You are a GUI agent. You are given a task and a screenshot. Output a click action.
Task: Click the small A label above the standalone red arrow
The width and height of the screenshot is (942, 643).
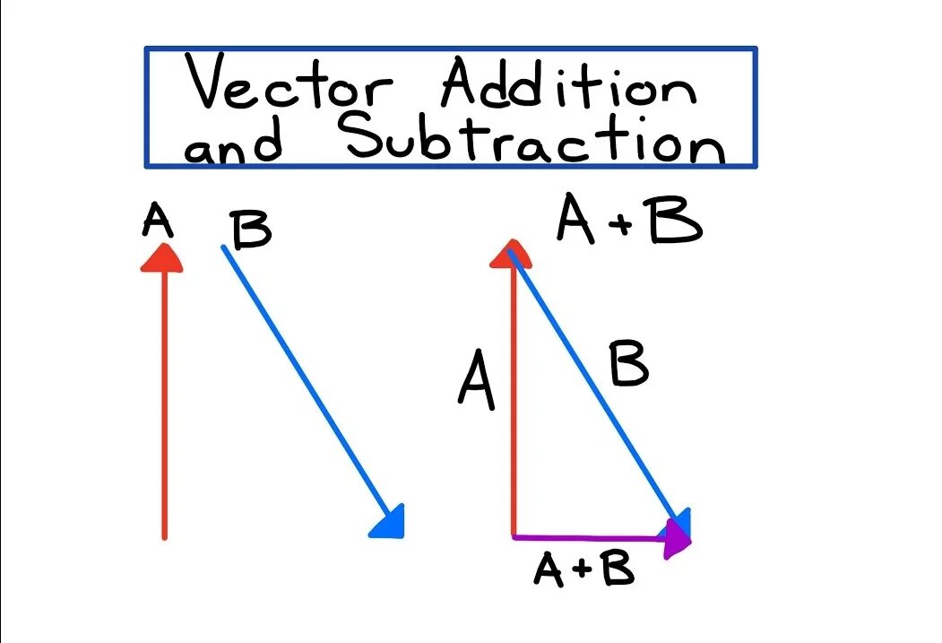click(157, 221)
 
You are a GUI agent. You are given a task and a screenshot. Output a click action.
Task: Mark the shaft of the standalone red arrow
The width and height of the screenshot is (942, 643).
click(164, 404)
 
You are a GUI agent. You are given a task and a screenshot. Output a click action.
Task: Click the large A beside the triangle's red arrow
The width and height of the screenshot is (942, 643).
click(477, 380)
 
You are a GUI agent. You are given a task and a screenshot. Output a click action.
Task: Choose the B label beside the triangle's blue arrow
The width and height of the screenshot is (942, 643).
click(628, 366)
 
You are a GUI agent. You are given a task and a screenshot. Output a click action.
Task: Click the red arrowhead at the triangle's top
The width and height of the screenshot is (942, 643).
click(511, 254)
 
